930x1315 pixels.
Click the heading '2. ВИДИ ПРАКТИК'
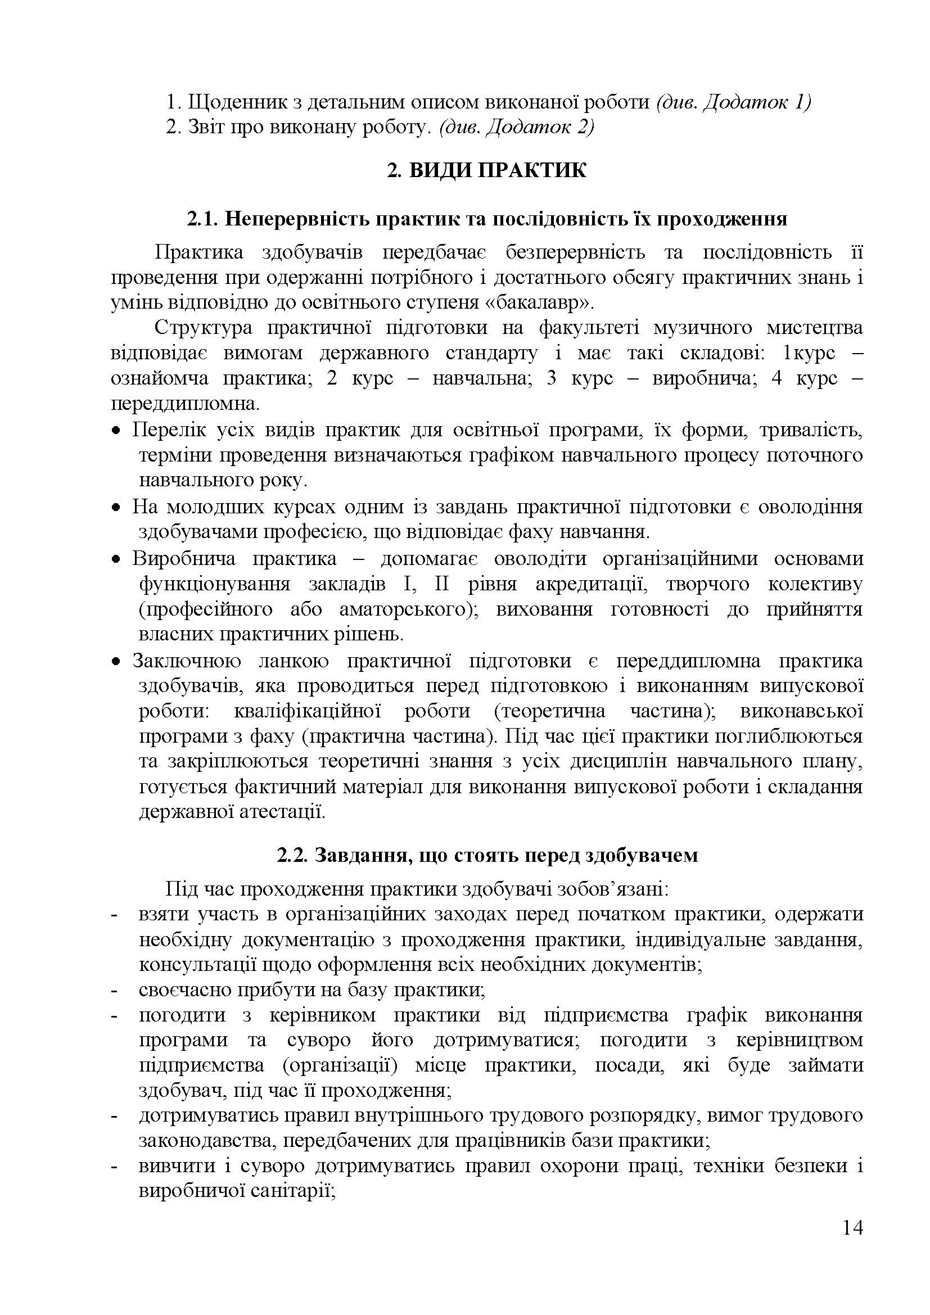tap(486, 171)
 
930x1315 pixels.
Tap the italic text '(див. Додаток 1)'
tap(733, 102)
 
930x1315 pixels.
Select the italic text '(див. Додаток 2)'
tap(516, 127)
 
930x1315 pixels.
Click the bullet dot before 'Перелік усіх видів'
tap(116, 430)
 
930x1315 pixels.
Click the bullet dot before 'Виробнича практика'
tap(116, 559)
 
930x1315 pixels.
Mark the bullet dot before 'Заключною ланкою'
tap(116, 662)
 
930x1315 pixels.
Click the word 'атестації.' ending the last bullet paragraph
tap(289, 812)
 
